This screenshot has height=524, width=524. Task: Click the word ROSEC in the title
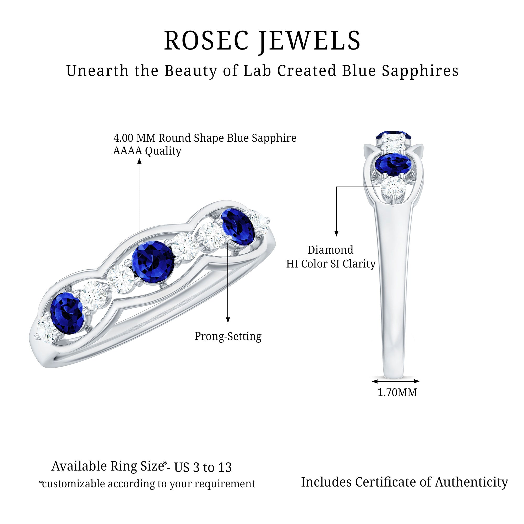point(206,40)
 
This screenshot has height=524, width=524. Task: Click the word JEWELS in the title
point(310,41)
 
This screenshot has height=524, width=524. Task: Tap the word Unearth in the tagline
point(97,71)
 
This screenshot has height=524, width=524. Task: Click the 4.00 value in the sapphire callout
point(123,138)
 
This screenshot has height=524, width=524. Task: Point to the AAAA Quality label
point(147,151)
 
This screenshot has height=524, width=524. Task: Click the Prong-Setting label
point(228,337)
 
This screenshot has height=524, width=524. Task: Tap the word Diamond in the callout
point(330,250)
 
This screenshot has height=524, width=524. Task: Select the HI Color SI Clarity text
point(331,264)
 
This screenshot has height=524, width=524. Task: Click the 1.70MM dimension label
point(397,392)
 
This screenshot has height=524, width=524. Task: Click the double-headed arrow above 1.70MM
point(396,381)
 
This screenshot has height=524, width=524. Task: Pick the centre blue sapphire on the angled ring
point(153,262)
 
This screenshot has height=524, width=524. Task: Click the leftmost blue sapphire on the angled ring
point(67,314)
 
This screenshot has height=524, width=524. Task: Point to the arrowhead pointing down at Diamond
point(336,233)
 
